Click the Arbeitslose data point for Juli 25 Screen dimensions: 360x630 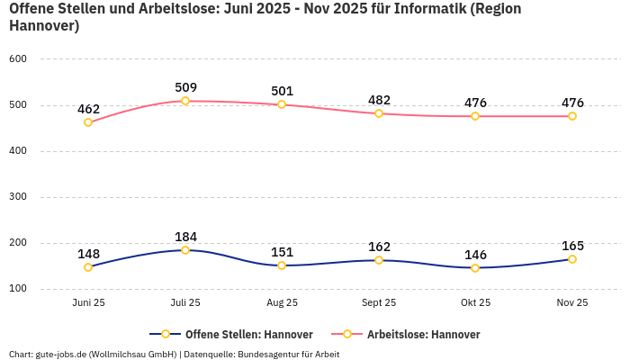(x=185, y=101)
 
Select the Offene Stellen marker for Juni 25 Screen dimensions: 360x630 (x=88, y=267)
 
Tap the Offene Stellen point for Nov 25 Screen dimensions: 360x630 (x=572, y=259)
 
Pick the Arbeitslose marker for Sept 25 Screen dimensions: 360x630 (x=379, y=113)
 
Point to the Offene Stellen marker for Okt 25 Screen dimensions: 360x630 (x=475, y=268)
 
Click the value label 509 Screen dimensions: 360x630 (x=185, y=87)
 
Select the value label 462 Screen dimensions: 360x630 (x=88, y=109)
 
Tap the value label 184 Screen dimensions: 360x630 (x=185, y=237)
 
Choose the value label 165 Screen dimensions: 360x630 (x=572, y=246)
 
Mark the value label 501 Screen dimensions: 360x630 (x=283, y=91)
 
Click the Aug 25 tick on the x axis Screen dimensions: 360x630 (x=283, y=303)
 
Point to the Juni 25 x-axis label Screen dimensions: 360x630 (x=88, y=303)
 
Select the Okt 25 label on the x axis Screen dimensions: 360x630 (x=475, y=303)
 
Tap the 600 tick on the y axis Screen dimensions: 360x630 (x=18, y=58)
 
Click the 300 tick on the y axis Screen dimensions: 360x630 (x=18, y=197)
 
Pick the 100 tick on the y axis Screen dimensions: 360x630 (x=18, y=289)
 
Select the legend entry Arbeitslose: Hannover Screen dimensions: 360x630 (x=423, y=334)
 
